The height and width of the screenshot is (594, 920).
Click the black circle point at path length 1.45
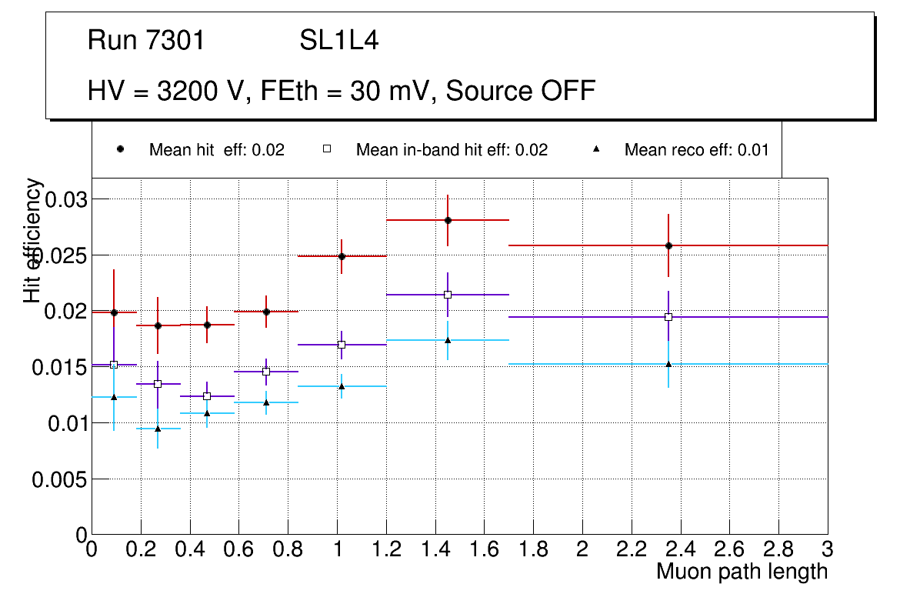(x=448, y=220)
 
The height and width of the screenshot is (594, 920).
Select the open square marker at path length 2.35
(x=668, y=317)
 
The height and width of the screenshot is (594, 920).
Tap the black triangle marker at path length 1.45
(x=448, y=340)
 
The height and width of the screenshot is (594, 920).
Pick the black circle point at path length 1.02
(x=342, y=256)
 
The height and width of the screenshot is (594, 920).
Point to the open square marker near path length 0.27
(x=158, y=384)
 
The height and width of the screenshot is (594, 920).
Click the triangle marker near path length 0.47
(x=207, y=413)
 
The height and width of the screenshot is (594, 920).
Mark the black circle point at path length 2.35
(x=668, y=245)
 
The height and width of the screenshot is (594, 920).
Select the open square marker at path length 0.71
(x=266, y=372)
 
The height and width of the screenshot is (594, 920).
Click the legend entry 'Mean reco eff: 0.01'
(x=696, y=150)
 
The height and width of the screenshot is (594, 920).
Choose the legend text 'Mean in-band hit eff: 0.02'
(x=452, y=150)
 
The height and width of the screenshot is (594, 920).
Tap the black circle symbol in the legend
(x=120, y=149)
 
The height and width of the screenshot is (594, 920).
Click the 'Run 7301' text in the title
(x=146, y=41)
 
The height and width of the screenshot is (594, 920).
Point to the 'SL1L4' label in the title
(x=339, y=41)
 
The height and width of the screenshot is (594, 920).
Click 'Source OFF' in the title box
(x=521, y=91)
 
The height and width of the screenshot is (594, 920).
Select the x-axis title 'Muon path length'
(x=742, y=572)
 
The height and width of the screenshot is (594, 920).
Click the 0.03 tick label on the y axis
(x=67, y=200)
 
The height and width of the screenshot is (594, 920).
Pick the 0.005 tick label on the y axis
(x=59, y=479)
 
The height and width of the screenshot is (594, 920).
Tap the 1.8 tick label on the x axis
(x=533, y=549)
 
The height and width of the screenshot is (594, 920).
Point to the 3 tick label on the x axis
(x=828, y=549)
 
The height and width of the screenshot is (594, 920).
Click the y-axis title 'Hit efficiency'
(x=33, y=240)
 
